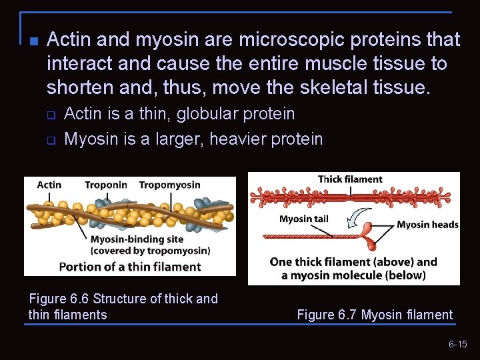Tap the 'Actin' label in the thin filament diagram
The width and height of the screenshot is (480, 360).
click(x=49, y=185)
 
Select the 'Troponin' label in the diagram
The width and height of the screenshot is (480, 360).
click(x=105, y=185)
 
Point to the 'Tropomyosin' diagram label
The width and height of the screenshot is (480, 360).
click(x=169, y=185)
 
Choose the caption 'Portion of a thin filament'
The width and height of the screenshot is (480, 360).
click(x=129, y=267)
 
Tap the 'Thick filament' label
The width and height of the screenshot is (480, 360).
click(x=350, y=179)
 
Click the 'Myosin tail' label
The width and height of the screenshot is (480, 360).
click(x=303, y=219)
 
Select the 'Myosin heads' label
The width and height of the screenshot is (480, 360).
click(x=427, y=225)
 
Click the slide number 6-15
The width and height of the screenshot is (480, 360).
click(x=457, y=344)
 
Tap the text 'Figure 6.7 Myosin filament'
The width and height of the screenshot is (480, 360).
click(x=375, y=315)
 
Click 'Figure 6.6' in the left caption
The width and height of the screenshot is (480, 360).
click(x=58, y=299)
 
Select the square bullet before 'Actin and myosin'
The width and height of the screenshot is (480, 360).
click(x=33, y=41)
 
